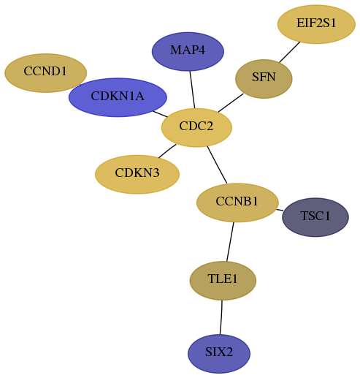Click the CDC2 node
coord(196,127)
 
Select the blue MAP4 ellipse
coord(188,51)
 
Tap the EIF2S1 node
coord(316,24)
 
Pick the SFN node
coord(264,79)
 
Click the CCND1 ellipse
coord(45,73)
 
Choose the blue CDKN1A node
coord(118,97)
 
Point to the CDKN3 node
coord(137,174)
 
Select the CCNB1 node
coord(237,203)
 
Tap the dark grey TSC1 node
coord(315,217)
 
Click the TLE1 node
coord(223,281)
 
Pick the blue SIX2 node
coord(219,354)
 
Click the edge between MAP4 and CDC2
coord(192,90)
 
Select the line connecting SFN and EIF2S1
coord(290,52)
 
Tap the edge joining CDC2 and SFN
coord(231,103)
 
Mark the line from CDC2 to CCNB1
coord(217,165)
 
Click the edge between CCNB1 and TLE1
coord(230,242)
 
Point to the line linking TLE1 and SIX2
coord(221,317)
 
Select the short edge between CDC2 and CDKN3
coord(167,151)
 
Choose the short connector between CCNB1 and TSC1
coord(280,210)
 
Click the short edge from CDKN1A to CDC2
coord(160,114)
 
